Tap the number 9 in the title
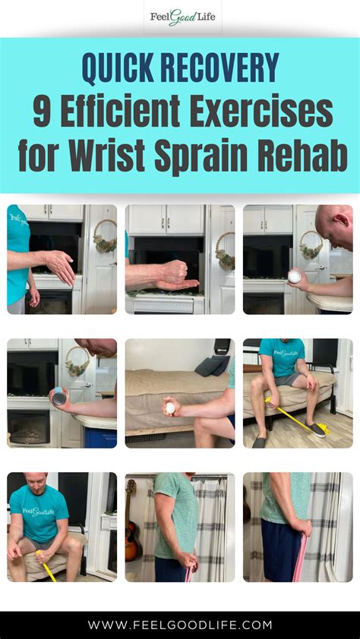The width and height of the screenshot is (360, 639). click(42, 112)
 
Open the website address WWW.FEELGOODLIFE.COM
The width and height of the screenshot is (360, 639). click(180, 625)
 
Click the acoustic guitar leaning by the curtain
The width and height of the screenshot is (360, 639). click(133, 516)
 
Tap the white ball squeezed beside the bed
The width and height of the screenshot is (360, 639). click(170, 408)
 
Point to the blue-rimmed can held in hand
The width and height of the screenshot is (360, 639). click(58, 397)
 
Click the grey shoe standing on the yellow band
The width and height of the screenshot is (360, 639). click(317, 430)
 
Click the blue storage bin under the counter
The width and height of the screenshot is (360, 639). click(100, 438)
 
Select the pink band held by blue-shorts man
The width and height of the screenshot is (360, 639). click(302, 556)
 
